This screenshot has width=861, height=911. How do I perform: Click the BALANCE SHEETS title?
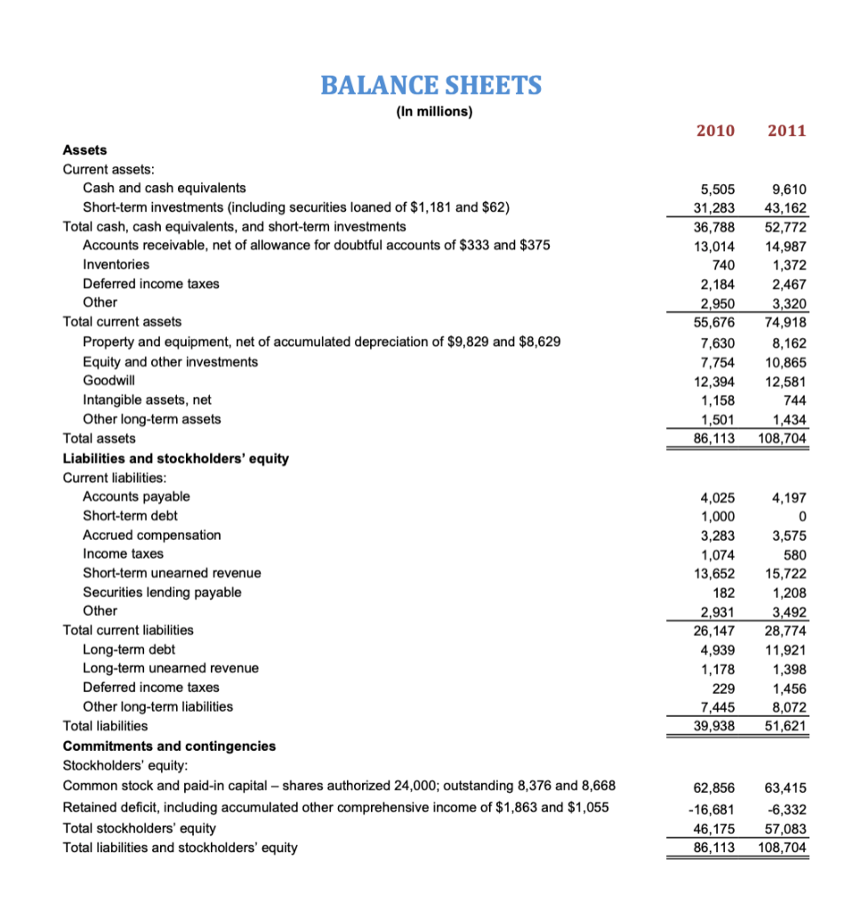tap(430, 85)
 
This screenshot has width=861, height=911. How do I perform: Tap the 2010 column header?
tap(715, 131)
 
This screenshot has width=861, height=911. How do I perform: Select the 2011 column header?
tap(786, 131)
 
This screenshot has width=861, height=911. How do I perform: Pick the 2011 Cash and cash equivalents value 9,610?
tap(788, 189)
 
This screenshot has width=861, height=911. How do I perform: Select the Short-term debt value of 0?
tap(802, 516)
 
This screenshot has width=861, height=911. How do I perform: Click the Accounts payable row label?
tap(136, 496)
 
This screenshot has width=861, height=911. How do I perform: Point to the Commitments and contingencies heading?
tap(169, 746)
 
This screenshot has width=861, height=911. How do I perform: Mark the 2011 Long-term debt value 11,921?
tap(785, 650)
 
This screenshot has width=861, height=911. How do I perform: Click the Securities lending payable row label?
tap(162, 592)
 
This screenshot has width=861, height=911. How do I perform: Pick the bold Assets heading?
tap(85, 150)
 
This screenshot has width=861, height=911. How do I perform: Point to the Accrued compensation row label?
tap(152, 535)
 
